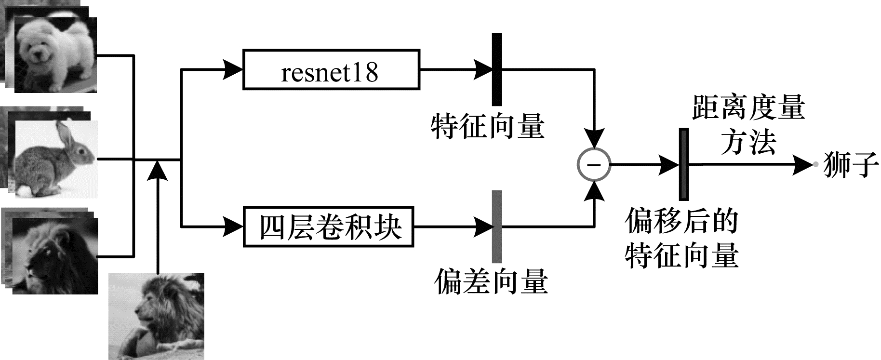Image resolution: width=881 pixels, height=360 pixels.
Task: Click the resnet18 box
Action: click(331, 69)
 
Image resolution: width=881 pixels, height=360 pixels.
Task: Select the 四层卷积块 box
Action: click(330, 226)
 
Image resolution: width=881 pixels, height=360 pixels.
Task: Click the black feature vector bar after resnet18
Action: click(497, 69)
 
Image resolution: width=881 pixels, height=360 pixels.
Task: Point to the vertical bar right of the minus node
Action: click(683, 164)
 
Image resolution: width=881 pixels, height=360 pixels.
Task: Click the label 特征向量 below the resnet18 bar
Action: click(488, 126)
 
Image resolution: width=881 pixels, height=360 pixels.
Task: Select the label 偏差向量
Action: click(491, 281)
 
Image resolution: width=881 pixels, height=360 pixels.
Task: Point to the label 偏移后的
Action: click(681, 221)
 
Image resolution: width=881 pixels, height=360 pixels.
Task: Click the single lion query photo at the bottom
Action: click(157, 316)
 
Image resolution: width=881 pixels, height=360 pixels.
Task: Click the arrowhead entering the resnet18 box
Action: click(234, 69)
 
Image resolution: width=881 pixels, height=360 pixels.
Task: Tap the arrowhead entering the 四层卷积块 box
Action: click(234, 226)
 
